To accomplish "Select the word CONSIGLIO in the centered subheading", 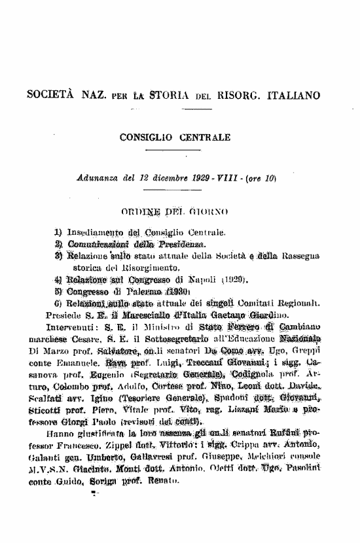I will click(146, 138).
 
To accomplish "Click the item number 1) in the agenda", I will click(58, 232).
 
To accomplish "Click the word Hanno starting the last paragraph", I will click(52, 432).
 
